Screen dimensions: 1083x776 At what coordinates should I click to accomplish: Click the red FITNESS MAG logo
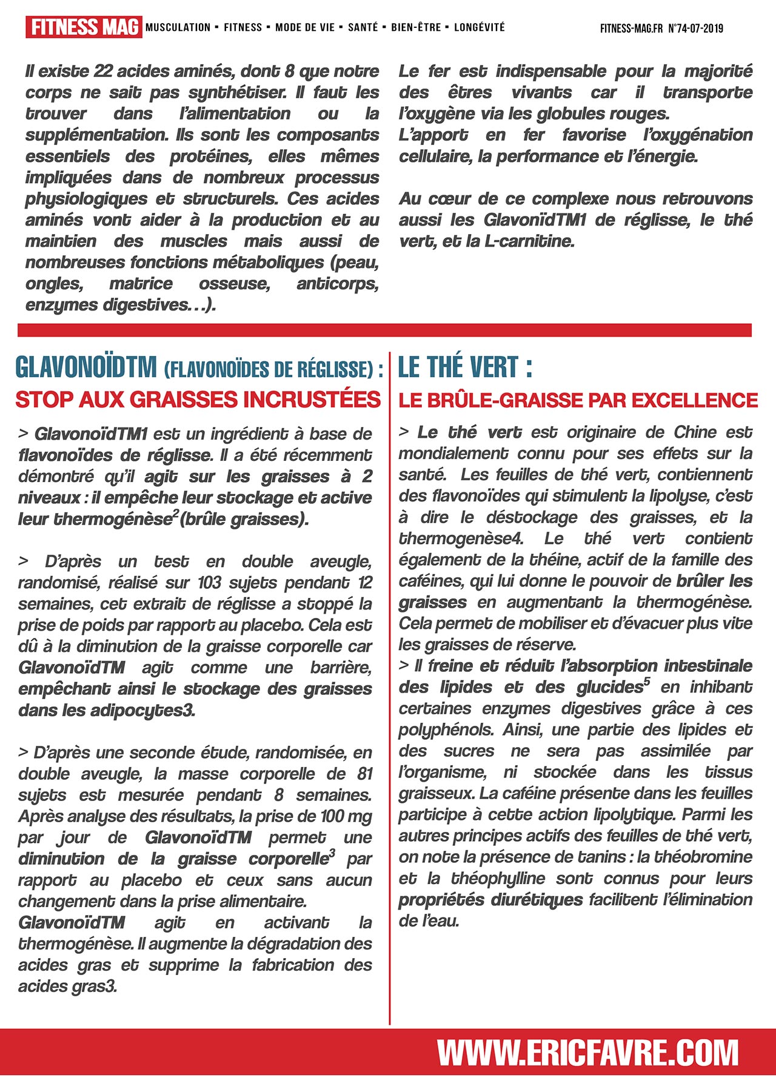coord(84,27)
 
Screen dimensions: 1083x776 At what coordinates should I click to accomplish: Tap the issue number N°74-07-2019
coord(695,29)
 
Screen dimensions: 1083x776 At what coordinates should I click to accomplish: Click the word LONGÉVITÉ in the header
coord(479,27)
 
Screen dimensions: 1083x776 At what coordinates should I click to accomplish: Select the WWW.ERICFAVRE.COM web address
coord(587,1053)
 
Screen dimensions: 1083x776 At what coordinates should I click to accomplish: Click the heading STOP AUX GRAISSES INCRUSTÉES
coord(198,400)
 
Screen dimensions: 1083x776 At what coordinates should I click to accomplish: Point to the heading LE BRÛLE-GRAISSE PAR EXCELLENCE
coord(578,400)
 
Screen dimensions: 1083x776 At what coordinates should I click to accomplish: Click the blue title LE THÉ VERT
coord(464,367)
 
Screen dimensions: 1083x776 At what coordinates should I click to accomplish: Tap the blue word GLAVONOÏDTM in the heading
coord(86,367)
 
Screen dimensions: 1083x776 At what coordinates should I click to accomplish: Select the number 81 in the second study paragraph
coord(364,774)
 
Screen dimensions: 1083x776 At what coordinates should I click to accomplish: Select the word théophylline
coord(498,878)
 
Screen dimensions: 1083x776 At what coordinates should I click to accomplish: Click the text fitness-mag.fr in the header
coord(631,29)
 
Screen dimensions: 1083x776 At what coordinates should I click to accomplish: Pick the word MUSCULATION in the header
coord(178,27)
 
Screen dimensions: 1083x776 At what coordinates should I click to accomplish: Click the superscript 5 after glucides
coord(647,682)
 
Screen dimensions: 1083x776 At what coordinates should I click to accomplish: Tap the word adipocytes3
coord(142,710)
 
